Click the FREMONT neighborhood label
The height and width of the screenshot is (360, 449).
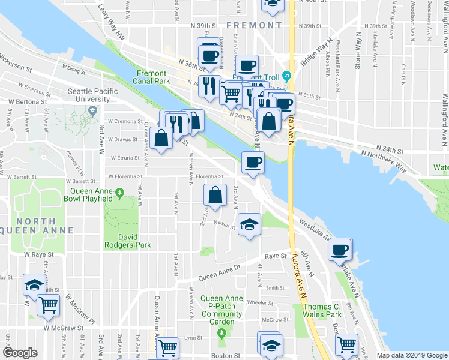tap(255, 25)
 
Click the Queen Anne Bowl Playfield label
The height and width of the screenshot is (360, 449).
tap(88, 194)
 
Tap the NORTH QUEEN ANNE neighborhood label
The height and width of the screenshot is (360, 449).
tap(36, 226)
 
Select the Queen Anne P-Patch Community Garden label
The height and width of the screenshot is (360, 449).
tap(221, 306)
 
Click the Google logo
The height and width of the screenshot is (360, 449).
tap(20, 353)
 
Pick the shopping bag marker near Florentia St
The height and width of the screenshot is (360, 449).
tap(215, 195)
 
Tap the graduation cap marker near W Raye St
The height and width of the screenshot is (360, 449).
tap(35, 284)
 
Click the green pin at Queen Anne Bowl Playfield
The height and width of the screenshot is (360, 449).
tap(119, 192)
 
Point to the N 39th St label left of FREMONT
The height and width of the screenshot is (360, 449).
tap(202, 26)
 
